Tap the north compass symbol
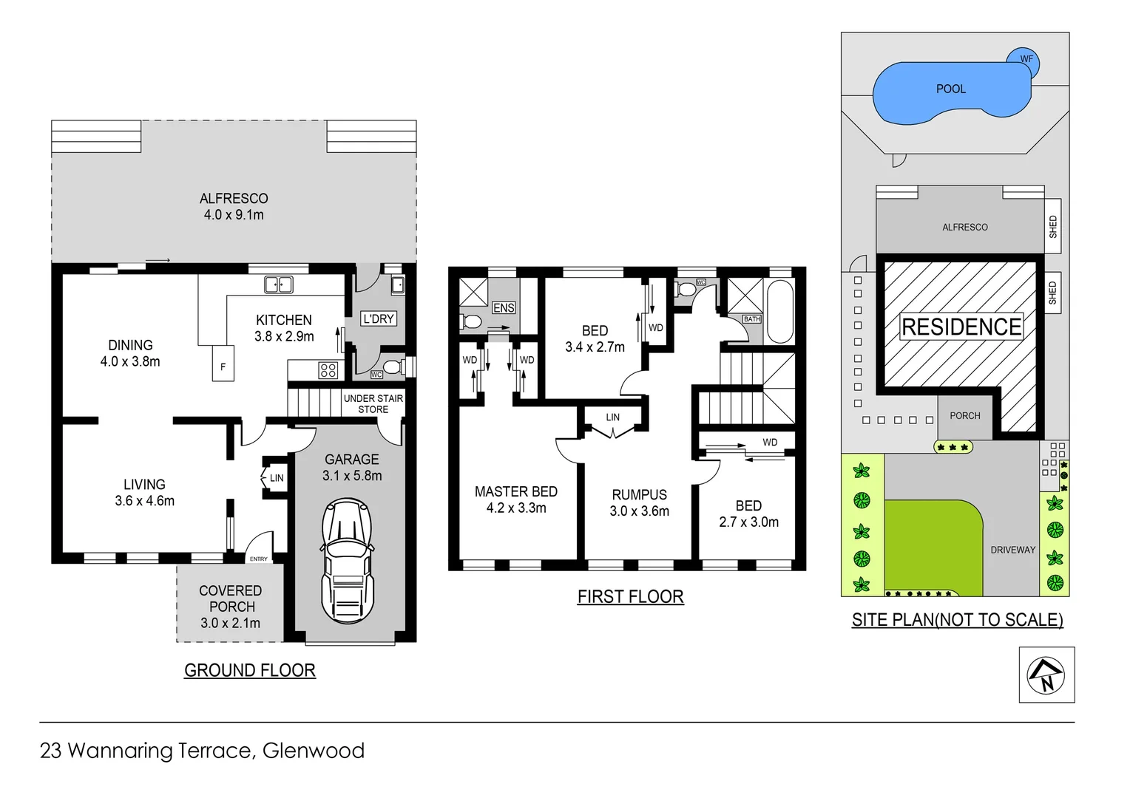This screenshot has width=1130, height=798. [x=1046, y=675]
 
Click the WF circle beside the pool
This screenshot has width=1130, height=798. [x=1026, y=59]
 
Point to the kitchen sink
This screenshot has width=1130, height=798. [x=279, y=284]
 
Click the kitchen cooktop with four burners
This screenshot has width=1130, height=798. [x=328, y=370]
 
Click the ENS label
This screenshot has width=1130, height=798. [x=504, y=307]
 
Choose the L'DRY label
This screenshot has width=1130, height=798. [x=379, y=318]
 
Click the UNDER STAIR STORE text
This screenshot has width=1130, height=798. [x=373, y=403]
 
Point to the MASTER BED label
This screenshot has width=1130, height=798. [x=515, y=491]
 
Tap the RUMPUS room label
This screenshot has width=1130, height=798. [x=639, y=494]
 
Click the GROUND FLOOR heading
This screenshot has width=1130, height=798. [x=249, y=670]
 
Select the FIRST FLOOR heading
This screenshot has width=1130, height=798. [x=630, y=596]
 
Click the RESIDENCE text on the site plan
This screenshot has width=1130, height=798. [x=961, y=327]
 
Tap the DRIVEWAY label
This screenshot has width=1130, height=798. [x=1012, y=550]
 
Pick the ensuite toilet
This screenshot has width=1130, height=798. [x=470, y=321]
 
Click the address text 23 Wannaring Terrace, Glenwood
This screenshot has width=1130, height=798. [x=202, y=751]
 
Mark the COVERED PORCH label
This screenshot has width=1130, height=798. [x=231, y=598]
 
